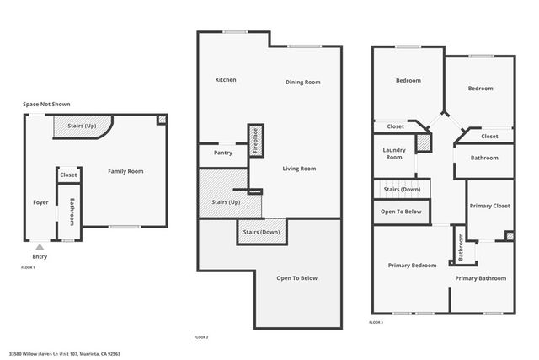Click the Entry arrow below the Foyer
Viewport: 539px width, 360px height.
[40, 247]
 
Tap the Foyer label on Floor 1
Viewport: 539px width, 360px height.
[40, 202]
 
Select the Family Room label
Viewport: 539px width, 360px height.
[125, 171]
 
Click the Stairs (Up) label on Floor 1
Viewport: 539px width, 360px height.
[82, 126]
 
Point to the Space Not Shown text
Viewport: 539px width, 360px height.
[46, 104]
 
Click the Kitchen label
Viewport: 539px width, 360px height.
[226, 80]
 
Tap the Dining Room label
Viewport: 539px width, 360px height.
[302, 82]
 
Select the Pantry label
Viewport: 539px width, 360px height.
[223, 153]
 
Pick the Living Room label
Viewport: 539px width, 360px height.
[299, 169]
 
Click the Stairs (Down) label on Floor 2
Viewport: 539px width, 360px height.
[262, 231]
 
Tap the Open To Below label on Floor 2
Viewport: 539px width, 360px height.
[297, 278]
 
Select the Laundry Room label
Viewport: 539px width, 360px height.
[393, 153]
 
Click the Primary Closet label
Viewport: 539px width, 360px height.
[490, 206]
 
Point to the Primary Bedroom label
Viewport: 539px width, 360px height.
[412, 266]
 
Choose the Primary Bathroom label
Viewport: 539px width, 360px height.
[481, 278]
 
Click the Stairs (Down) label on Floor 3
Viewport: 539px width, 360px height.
[402, 190]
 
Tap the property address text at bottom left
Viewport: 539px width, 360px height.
[65, 353]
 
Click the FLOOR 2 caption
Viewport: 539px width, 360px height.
[201, 337]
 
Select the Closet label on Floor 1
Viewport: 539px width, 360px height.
[68, 175]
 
